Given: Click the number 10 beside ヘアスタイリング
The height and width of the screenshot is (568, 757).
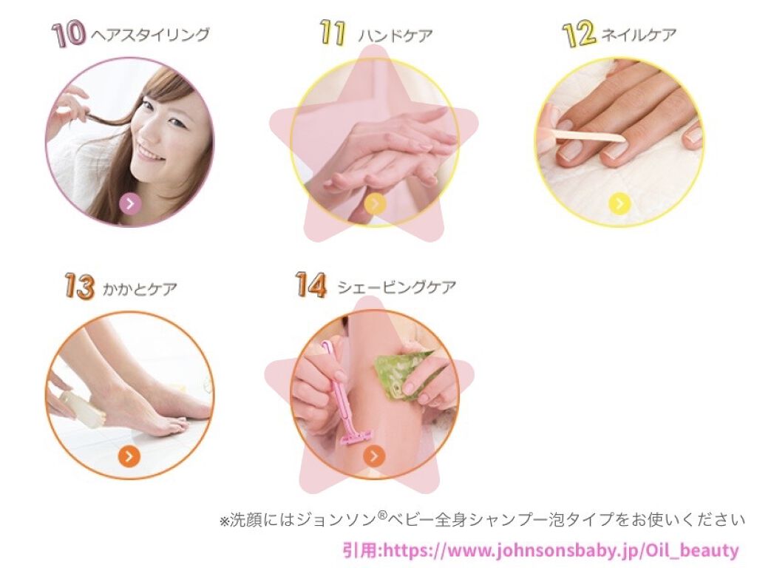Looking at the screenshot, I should click(x=69, y=35).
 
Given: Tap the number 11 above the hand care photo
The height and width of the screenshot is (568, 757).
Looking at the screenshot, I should click(x=333, y=34).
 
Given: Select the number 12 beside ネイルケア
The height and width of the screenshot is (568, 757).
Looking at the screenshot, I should click(x=579, y=35).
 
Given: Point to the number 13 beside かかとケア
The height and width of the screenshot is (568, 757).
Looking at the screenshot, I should click(x=79, y=287).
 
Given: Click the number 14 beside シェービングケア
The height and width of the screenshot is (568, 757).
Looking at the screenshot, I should click(x=310, y=285).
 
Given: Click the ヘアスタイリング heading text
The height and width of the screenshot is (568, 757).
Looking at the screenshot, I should click(x=150, y=34).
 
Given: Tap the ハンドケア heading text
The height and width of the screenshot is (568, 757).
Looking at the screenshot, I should click(x=396, y=35).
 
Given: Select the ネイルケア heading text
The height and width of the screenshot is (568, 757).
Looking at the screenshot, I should click(x=639, y=35).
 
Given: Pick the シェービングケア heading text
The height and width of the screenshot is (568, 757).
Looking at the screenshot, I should click(x=396, y=287).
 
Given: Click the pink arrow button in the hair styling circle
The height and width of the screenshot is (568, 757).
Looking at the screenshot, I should click(x=129, y=203).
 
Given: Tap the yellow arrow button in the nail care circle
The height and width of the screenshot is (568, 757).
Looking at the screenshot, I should click(x=619, y=203).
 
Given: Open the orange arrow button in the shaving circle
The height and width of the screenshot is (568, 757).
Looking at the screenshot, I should click(x=375, y=456).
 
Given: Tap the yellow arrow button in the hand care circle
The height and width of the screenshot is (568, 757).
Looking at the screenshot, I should click(x=375, y=203).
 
